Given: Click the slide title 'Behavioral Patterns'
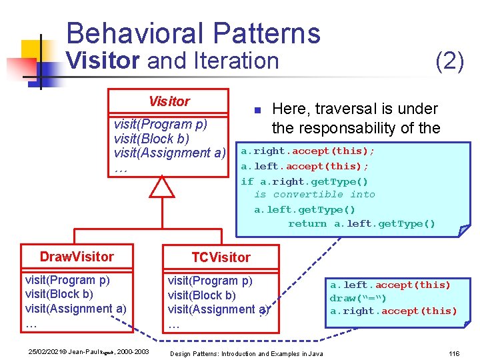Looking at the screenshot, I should [193, 33].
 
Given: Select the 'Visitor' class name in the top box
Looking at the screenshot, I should [169, 101].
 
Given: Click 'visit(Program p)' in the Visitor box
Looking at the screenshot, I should [161, 125].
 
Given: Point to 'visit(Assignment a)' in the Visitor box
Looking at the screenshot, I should [170, 153].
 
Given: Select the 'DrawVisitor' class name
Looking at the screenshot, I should [77, 257].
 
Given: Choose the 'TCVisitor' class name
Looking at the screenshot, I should [221, 257].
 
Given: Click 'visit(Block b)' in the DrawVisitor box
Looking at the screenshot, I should [59, 294].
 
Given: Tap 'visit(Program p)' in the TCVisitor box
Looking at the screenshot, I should [210, 281].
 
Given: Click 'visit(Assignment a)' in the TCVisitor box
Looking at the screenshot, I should [218, 309].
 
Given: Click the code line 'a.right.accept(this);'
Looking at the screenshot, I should [307, 151].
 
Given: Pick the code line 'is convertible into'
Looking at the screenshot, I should [314, 195].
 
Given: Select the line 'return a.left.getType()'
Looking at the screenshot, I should [361, 224].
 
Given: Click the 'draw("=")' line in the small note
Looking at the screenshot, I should [358, 298].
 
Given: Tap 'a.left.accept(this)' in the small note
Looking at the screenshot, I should [390, 285].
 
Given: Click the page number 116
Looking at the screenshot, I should [455, 353].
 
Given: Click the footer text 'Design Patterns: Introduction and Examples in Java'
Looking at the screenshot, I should [247, 353].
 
